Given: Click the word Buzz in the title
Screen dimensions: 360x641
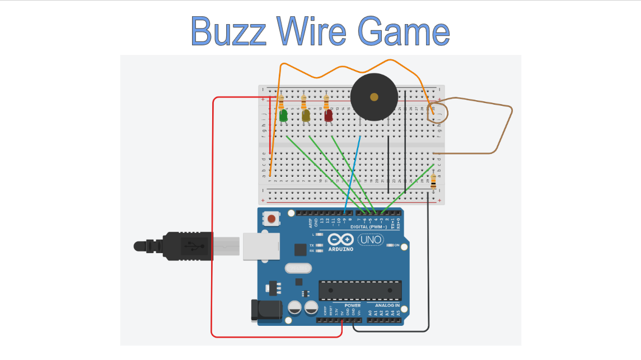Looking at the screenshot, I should [x=228, y=31].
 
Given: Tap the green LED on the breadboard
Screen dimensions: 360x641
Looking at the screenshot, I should [x=283, y=116].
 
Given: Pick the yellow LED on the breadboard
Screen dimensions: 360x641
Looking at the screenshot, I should [x=306, y=116].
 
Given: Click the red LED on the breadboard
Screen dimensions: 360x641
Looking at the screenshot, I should [x=328, y=116].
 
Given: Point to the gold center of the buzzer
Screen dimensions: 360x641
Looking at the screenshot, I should [x=373, y=97].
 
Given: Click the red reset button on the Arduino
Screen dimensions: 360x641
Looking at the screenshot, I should [x=272, y=218].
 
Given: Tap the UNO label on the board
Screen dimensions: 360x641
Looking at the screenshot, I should [x=369, y=240].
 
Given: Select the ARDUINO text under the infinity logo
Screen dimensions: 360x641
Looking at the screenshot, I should [x=340, y=249].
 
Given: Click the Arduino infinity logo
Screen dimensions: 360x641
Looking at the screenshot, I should [x=340, y=239].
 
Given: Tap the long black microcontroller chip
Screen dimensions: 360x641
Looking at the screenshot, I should [x=360, y=290].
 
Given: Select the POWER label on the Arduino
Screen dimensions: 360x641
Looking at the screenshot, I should [x=345, y=306].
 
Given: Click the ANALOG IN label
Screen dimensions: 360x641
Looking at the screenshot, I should [x=384, y=306].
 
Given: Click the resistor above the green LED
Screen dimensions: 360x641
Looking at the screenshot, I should [x=281, y=102].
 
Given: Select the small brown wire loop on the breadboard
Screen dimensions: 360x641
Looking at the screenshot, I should [x=437, y=111].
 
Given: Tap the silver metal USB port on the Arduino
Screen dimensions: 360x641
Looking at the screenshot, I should [x=261, y=246].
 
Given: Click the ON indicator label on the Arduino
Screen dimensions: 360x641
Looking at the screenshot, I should [x=396, y=245].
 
